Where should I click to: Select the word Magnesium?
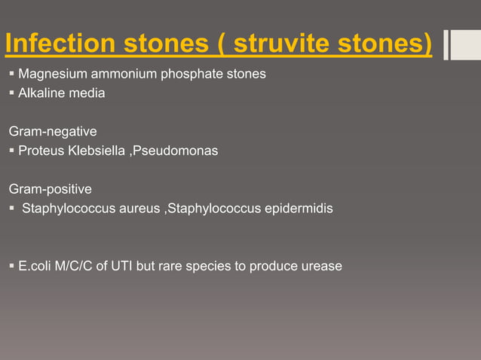coord(48,75)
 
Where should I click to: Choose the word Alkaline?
coord(39,94)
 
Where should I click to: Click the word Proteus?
coord(40,151)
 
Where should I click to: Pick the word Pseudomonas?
coord(175,151)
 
